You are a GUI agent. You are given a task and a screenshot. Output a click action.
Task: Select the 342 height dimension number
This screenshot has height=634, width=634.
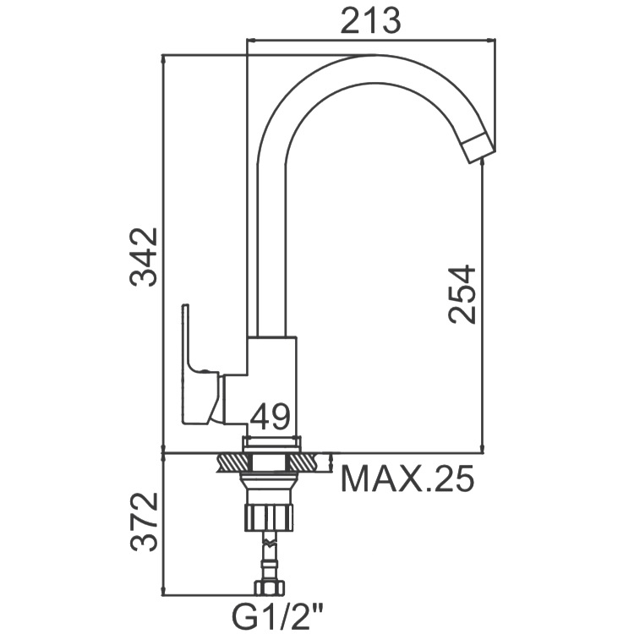click(x=143, y=257)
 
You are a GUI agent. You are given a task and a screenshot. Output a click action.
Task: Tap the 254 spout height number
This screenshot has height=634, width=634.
click(x=462, y=294)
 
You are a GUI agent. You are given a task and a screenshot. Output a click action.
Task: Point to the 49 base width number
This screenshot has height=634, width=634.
click(x=271, y=417)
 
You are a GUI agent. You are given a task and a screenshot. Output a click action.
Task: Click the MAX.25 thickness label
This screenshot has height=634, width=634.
click(x=407, y=478)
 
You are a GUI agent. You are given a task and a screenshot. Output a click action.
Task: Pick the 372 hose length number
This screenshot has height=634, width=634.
click(x=143, y=522)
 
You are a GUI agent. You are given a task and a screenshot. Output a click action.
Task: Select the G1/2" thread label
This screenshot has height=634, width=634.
click(x=277, y=615)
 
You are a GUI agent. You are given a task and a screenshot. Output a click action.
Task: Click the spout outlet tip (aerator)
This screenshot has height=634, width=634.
click(x=479, y=149)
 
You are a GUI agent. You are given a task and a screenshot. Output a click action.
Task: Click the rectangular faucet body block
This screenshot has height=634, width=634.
click(x=271, y=386)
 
